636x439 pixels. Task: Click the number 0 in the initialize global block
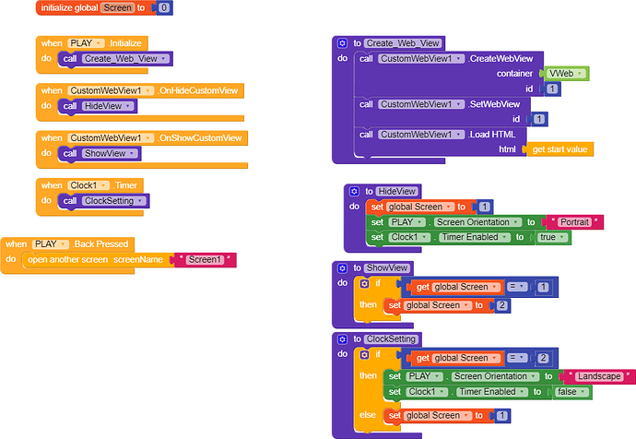[x=164, y=7]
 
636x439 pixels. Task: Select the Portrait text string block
[x=575, y=222]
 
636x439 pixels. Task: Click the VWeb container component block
[x=566, y=74]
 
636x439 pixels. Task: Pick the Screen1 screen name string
[x=206, y=260]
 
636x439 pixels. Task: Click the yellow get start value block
[x=559, y=149]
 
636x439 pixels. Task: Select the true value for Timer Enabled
[x=551, y=237]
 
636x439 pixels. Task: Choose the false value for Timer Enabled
[x=571, y=392]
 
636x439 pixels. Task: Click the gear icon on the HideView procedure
[x=354, y=191]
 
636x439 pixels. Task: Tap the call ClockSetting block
[x=104, y=201]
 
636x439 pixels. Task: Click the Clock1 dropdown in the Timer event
[x=88, y=185]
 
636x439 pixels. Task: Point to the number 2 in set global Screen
[x=502, y=305]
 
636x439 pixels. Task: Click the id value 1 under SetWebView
[x=539, y=119]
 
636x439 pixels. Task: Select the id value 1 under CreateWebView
[x=552, y=89]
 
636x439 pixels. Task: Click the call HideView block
[x=98, y=106]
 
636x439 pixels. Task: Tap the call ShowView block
[x=100, y=153]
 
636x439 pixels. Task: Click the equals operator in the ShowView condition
[x=517, y=287]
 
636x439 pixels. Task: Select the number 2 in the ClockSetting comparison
[x=543, y=358]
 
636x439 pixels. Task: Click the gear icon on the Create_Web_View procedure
[x=342, y=43]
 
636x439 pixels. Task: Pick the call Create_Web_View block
[x=115, y=59]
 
